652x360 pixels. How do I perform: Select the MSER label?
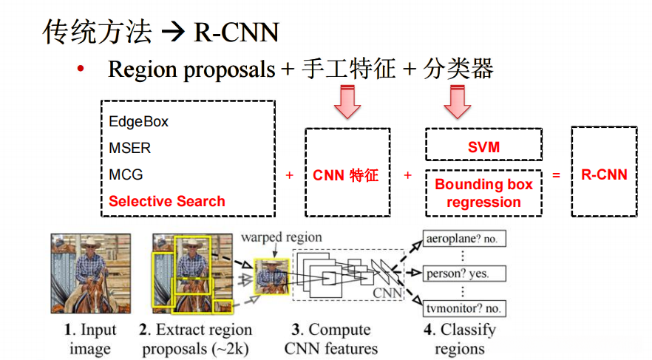click(129, 149)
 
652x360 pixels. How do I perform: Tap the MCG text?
click(126, 175)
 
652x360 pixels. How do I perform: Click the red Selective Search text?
click(167, 201)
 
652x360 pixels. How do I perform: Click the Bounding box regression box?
click(483, 193)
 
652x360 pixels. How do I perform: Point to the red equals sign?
click(557, 175)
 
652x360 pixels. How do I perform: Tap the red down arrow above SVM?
click(457, 102)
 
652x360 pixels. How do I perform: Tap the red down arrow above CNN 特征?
click(347, 102)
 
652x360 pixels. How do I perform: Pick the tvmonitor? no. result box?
click(463, 308)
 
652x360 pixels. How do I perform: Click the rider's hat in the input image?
click(93, 242)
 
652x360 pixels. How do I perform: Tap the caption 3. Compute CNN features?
click(331, 339)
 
